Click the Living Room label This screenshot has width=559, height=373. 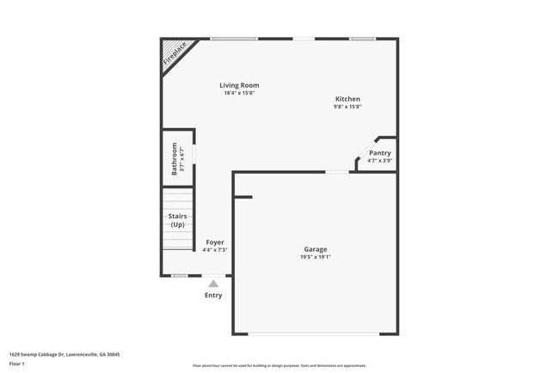coord(239,85)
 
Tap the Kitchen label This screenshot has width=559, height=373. coord(347,99)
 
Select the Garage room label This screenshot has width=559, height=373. coord(315,249)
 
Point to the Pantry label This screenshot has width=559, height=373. coord(379,153)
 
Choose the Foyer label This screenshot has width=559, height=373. coord(214,242)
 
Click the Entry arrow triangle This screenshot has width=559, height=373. coord(213,283)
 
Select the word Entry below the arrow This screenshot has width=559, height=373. coord(213,296)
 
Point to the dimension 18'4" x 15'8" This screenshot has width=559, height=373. coord(239,93)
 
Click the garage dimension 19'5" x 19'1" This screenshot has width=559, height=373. coord(315,257)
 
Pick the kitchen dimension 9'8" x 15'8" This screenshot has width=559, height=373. coord(347,107)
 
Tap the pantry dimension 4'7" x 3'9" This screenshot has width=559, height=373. coord(379,161)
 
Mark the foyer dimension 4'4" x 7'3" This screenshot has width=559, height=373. coord(214,250)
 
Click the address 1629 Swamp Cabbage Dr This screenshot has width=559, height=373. coord(64,353)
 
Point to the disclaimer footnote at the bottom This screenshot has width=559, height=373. coord(279,365)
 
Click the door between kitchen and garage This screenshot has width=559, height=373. coord(337,172)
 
